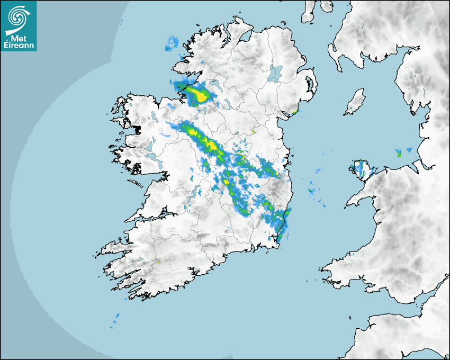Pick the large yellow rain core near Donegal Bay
coord(200,96)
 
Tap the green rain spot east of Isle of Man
coord(399,154)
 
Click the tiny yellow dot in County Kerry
coord(158,263)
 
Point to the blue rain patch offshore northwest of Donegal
coord(172,43)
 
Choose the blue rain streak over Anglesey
coord(361,169)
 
